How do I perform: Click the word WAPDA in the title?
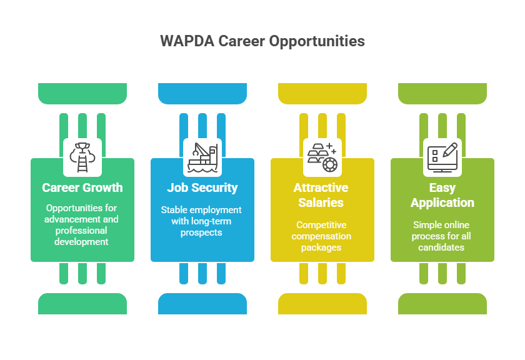(187, 41)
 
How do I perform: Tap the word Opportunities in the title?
(317, 42)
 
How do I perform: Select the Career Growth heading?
(82, 187)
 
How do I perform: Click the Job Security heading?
(202, 188)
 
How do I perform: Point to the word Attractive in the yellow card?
(321, 187)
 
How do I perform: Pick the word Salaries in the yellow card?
(321, 202)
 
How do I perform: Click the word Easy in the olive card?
(442, 188)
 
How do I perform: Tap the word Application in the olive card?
(442, 203)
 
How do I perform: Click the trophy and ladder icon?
(82, 157)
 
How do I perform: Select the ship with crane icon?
(202, 157)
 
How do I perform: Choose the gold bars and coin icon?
(322, 157)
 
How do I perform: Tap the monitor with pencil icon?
(442, 157)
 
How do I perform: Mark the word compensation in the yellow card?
(321, 236)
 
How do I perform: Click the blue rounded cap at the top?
(202, 93)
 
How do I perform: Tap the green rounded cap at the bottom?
(82, 304)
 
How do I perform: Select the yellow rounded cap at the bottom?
(322, 304)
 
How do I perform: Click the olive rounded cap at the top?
(442, 93)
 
